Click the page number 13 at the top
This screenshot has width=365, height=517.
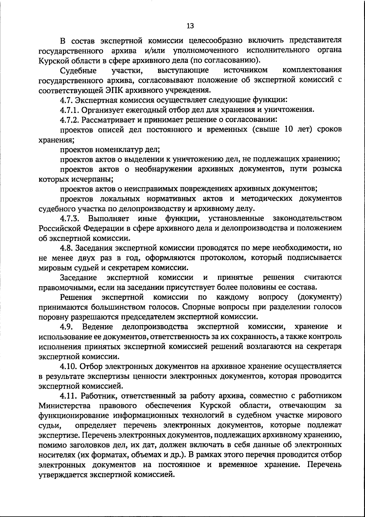tap(190, 26)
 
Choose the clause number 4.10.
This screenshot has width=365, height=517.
tap(68, 366)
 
